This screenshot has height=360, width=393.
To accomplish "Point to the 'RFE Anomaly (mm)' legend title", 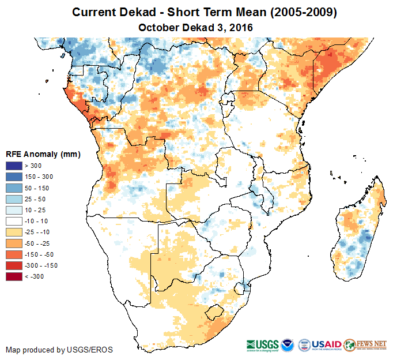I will [x=43, y=154].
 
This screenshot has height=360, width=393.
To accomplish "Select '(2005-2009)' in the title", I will [x=293, y=12].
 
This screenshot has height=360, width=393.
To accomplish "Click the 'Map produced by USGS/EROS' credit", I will [x=59, y=350].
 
